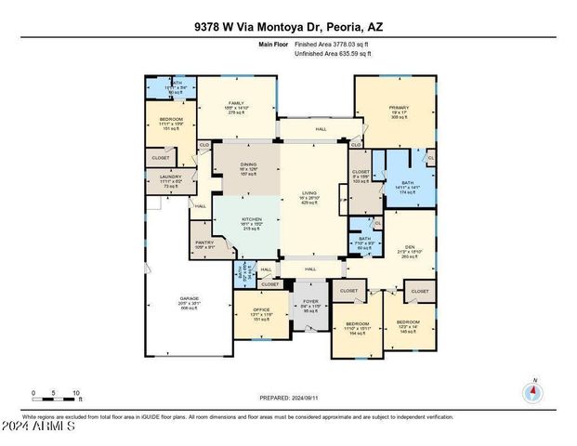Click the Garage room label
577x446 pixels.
[x=190, y=304]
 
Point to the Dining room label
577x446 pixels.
[x=248, y=168]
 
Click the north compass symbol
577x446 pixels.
[x=533, y=391]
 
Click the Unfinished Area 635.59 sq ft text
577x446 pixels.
[x=333, y=54]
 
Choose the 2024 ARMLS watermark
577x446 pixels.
[x=39, y=428]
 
